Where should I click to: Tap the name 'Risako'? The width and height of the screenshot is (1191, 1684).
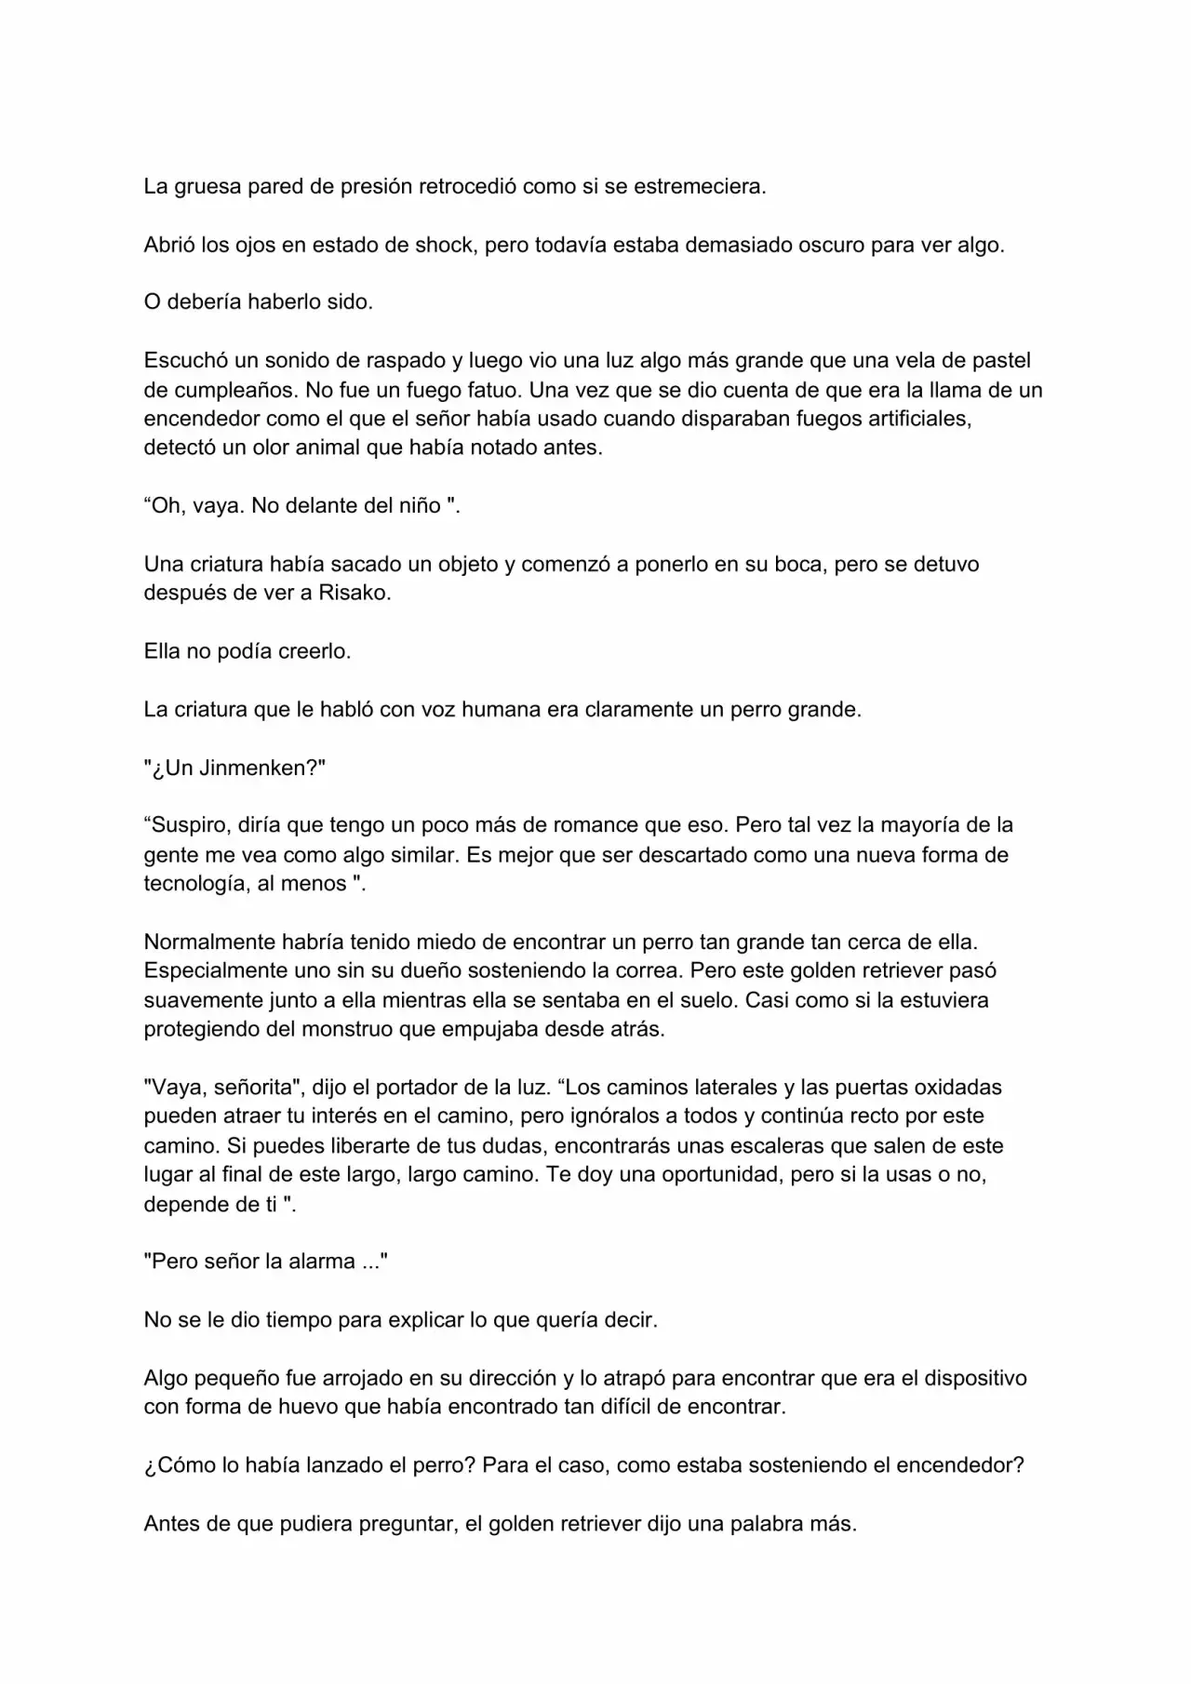click(352, 594)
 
